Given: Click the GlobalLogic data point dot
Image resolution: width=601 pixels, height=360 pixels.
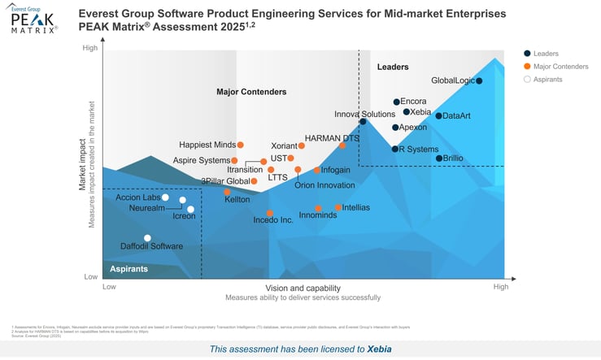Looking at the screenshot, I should tap(479, 80).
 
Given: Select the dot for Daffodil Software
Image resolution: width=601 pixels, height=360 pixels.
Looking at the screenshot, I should tap(147, 238).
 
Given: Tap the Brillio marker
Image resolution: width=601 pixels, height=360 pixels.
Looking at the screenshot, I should tap(439, 158).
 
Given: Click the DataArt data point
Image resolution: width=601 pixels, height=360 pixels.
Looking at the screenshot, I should tap(438, 116).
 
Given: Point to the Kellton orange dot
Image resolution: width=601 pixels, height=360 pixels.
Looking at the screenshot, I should tap(228, 193).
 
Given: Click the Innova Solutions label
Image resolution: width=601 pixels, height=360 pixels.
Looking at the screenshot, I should tap(365, 115).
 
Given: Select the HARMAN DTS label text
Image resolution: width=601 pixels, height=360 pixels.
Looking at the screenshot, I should tap(332, 138).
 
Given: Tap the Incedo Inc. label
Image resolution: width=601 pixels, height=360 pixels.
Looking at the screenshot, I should tap(273, 220).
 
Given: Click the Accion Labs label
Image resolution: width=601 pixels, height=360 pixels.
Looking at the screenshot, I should tap(137, 197).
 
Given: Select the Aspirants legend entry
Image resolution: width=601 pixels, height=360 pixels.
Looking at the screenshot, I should tap(547, 80).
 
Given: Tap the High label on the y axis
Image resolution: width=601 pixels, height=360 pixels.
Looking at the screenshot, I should tap(89, 49).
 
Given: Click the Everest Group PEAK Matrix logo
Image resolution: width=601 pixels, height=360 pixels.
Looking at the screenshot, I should tap(33, 20).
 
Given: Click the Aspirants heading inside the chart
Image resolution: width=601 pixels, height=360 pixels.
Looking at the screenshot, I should tap(128, 268).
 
